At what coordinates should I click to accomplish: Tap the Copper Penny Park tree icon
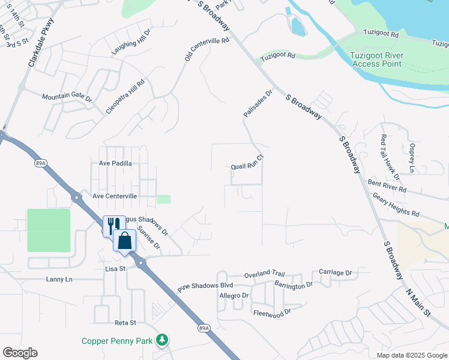[x=161, y=340]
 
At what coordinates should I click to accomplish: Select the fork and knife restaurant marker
[x=111, y=225]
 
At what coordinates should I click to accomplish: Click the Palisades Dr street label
[x=258, y=103]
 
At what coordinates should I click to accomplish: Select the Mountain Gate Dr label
[x=66, y=97]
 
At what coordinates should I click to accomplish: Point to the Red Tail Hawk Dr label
[x=390, y=156]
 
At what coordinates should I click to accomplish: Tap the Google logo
[x=20, y=353]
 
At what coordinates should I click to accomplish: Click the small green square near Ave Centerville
[x=163, y=199]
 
